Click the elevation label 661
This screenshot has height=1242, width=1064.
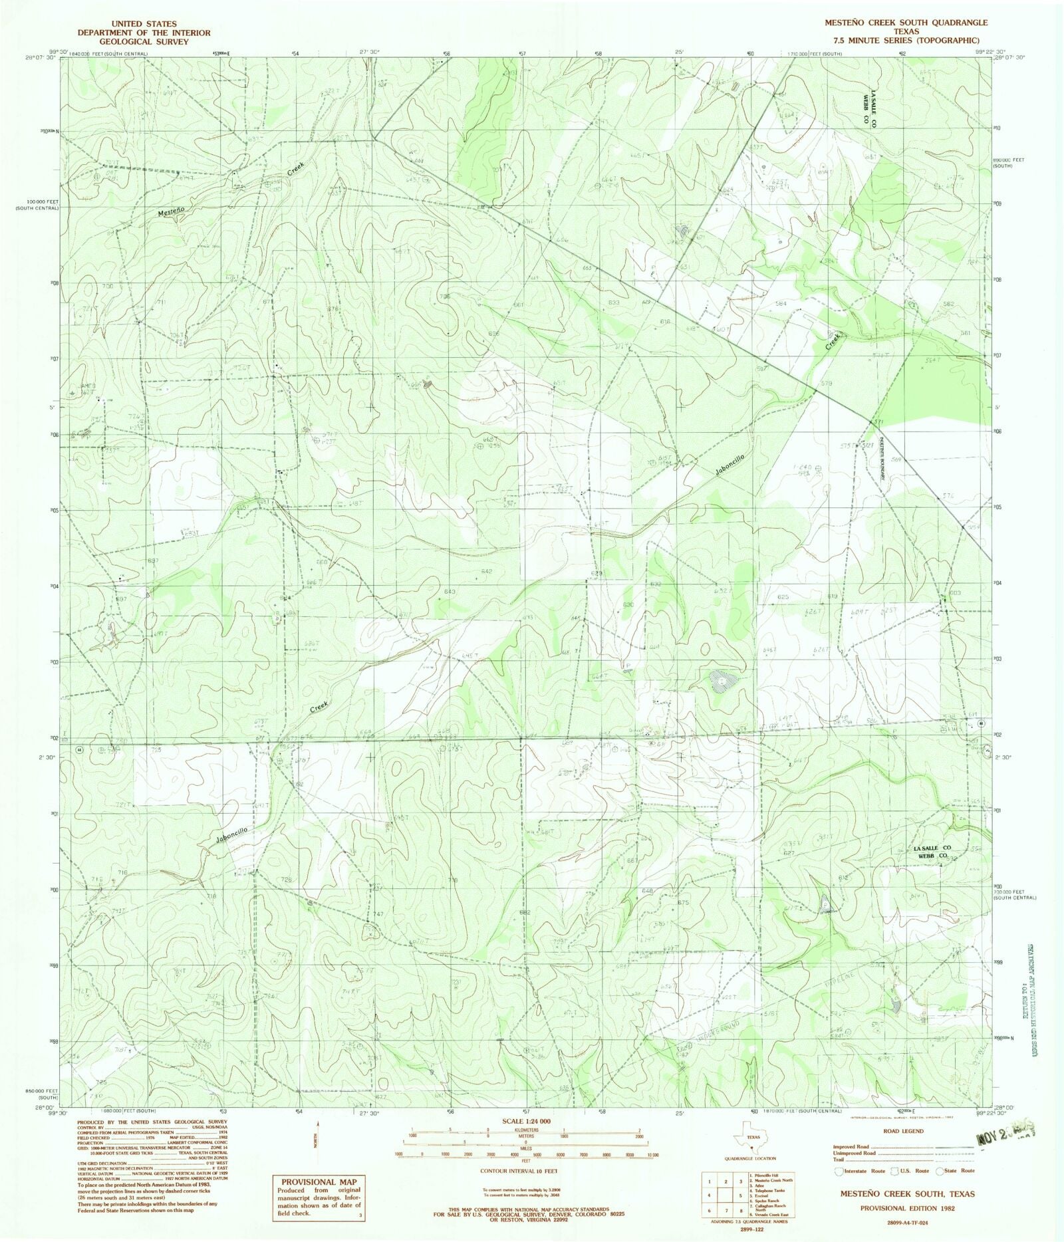(519, 305)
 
